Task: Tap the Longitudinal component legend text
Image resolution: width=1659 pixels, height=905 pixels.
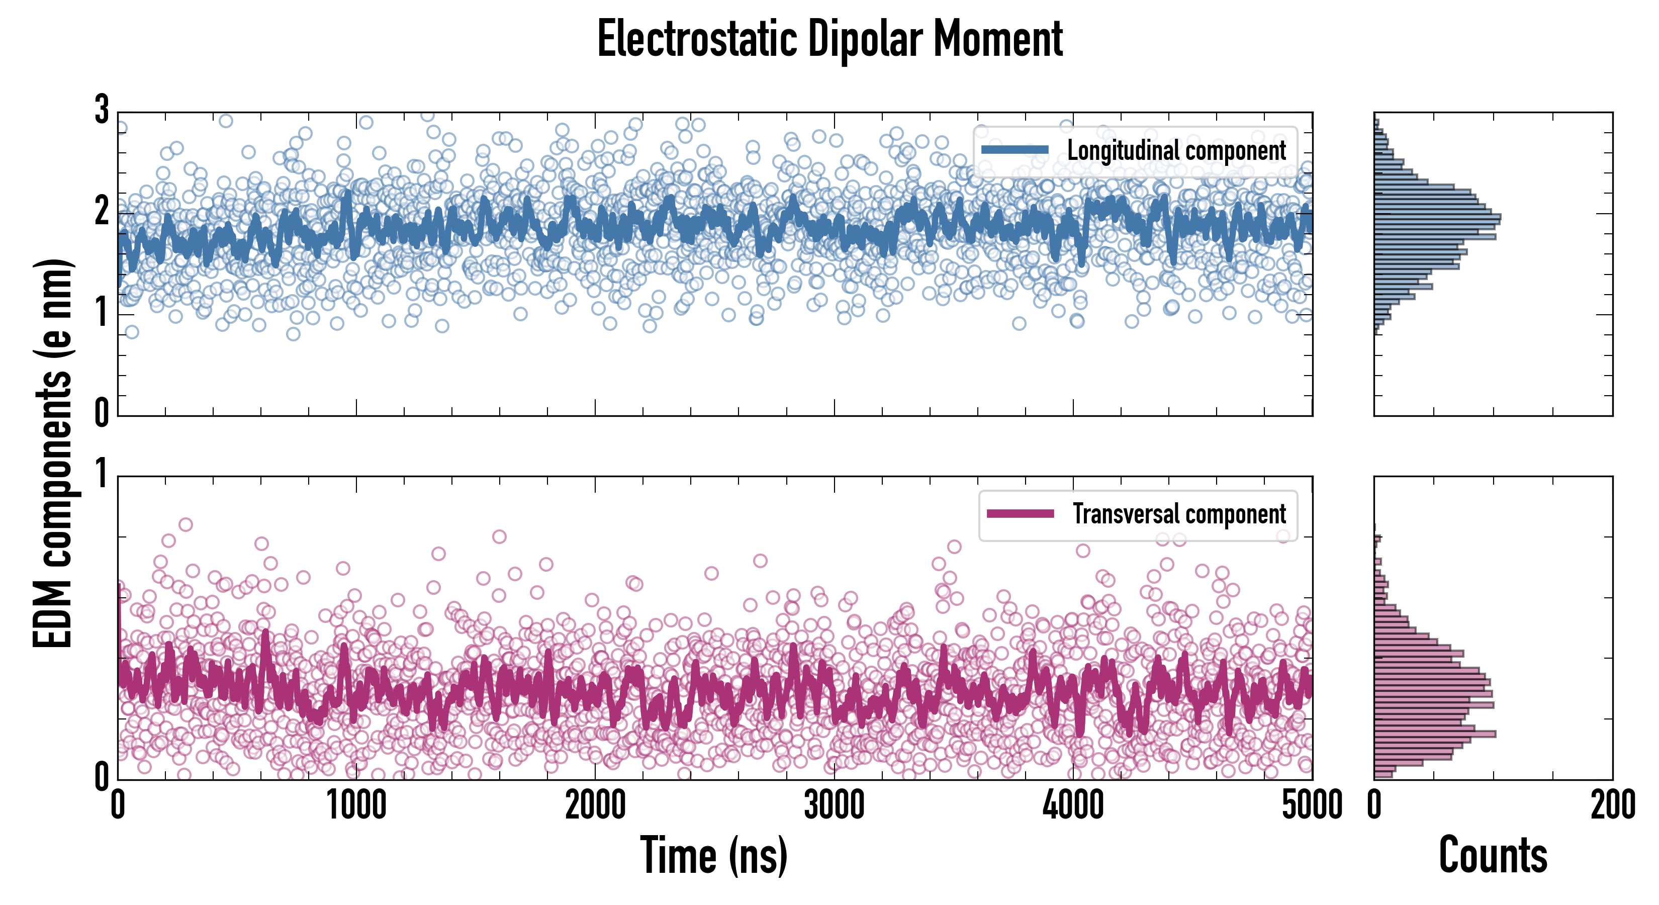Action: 1176,151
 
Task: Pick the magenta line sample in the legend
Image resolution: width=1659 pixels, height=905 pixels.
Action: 1020,513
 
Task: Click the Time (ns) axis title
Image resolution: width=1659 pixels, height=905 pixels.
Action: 713,855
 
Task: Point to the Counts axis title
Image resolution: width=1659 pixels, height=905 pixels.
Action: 1493,855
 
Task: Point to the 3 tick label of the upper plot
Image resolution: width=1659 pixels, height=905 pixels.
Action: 102,110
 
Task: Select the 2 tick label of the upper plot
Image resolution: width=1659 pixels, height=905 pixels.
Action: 102,211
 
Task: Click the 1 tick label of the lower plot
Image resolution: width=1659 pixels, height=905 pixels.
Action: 102,475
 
